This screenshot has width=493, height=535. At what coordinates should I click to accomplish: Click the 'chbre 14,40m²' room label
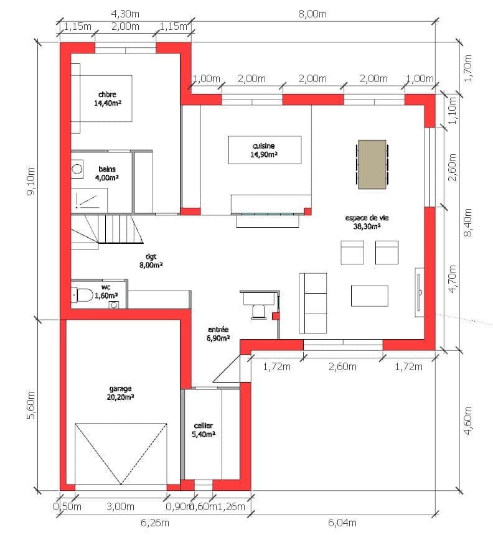point(108,99)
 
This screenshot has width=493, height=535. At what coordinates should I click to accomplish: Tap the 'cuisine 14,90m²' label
point(263,150)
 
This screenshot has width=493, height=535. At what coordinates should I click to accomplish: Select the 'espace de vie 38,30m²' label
point(367,222)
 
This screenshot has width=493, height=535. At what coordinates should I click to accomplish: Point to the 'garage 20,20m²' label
point(120,393)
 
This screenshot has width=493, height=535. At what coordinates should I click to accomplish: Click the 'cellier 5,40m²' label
point(203,430)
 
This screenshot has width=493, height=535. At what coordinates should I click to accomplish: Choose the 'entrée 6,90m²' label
point(218,333)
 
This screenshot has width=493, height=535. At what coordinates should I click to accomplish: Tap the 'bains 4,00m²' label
point(107,173)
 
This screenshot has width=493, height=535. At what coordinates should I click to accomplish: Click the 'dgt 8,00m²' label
point(151,260)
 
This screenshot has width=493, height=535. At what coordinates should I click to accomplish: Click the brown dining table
point(372,164)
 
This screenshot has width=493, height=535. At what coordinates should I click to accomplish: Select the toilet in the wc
point(83,295)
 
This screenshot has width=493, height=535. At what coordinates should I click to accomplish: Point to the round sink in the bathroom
point(77,169)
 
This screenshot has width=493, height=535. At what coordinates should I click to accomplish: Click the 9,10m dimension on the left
point(31,181)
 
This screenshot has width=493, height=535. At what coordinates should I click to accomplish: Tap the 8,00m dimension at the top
point(312,14)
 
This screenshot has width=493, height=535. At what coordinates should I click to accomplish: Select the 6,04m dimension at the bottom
point(342,523)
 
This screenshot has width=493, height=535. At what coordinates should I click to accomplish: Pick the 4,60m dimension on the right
point(467,421)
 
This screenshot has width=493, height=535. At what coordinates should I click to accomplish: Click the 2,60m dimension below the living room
point(342,367)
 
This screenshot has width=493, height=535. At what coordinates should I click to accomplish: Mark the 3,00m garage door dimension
point(120,506)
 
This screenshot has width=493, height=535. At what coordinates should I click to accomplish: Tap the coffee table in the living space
point(369,296)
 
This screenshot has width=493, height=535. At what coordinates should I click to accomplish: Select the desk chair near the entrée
point(258,312)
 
